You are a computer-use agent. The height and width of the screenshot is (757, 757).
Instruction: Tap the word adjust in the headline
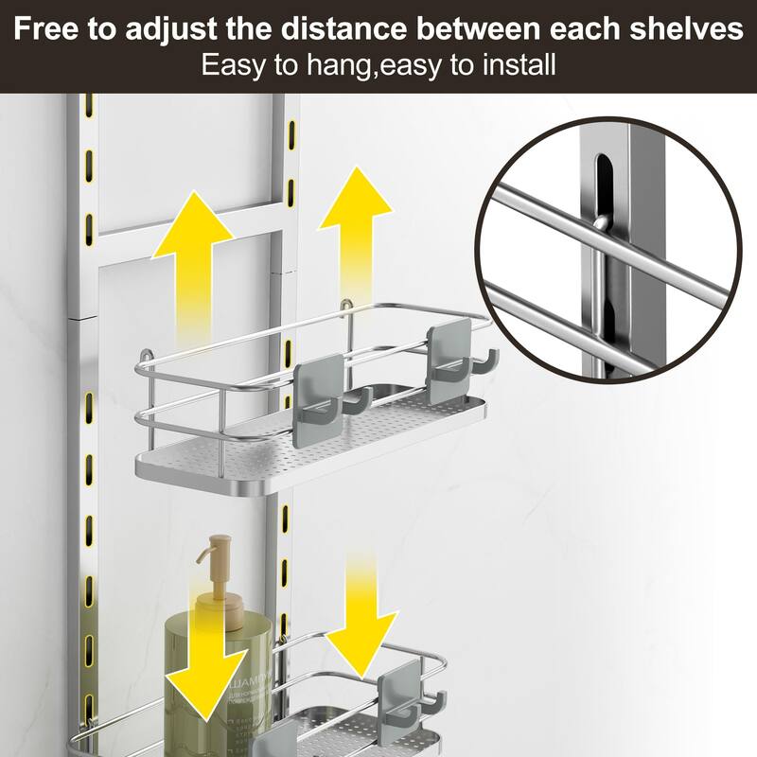coord(169,28)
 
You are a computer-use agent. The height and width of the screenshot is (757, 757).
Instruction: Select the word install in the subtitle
coord(519,66)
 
